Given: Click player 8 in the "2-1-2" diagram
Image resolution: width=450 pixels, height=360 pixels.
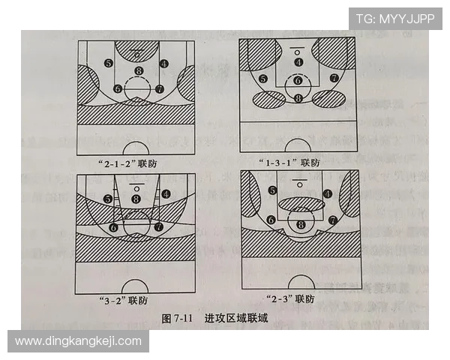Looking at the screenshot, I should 137,71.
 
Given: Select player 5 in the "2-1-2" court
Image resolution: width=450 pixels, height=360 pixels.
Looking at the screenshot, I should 109,63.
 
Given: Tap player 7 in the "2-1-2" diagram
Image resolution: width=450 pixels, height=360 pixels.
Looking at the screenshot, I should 159,88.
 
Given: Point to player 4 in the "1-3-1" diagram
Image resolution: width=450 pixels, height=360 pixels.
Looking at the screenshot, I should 298,62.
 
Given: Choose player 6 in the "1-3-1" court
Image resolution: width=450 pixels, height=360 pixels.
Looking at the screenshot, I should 298,80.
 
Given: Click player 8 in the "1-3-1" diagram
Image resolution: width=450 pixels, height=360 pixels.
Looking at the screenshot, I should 298,97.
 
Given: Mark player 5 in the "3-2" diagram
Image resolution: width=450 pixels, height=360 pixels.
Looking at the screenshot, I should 109,199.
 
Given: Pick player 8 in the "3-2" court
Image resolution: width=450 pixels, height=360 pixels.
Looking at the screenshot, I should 136,199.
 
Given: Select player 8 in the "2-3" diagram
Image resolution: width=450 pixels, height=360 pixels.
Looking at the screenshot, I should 301,223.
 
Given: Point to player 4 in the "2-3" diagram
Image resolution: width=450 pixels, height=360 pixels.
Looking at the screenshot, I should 327,193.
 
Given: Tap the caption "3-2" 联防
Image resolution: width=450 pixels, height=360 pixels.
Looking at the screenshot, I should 126,300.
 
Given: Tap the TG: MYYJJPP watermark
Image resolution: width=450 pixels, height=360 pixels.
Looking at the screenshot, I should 394,18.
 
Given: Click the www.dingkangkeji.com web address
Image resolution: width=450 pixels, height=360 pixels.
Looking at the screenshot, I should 78,341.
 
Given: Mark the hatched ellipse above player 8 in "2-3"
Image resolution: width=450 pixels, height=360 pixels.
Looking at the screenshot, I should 300,203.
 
